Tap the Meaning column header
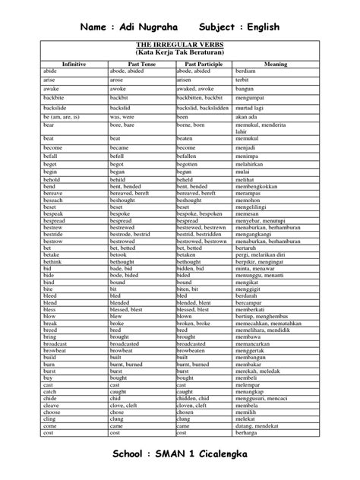[275, 65]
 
